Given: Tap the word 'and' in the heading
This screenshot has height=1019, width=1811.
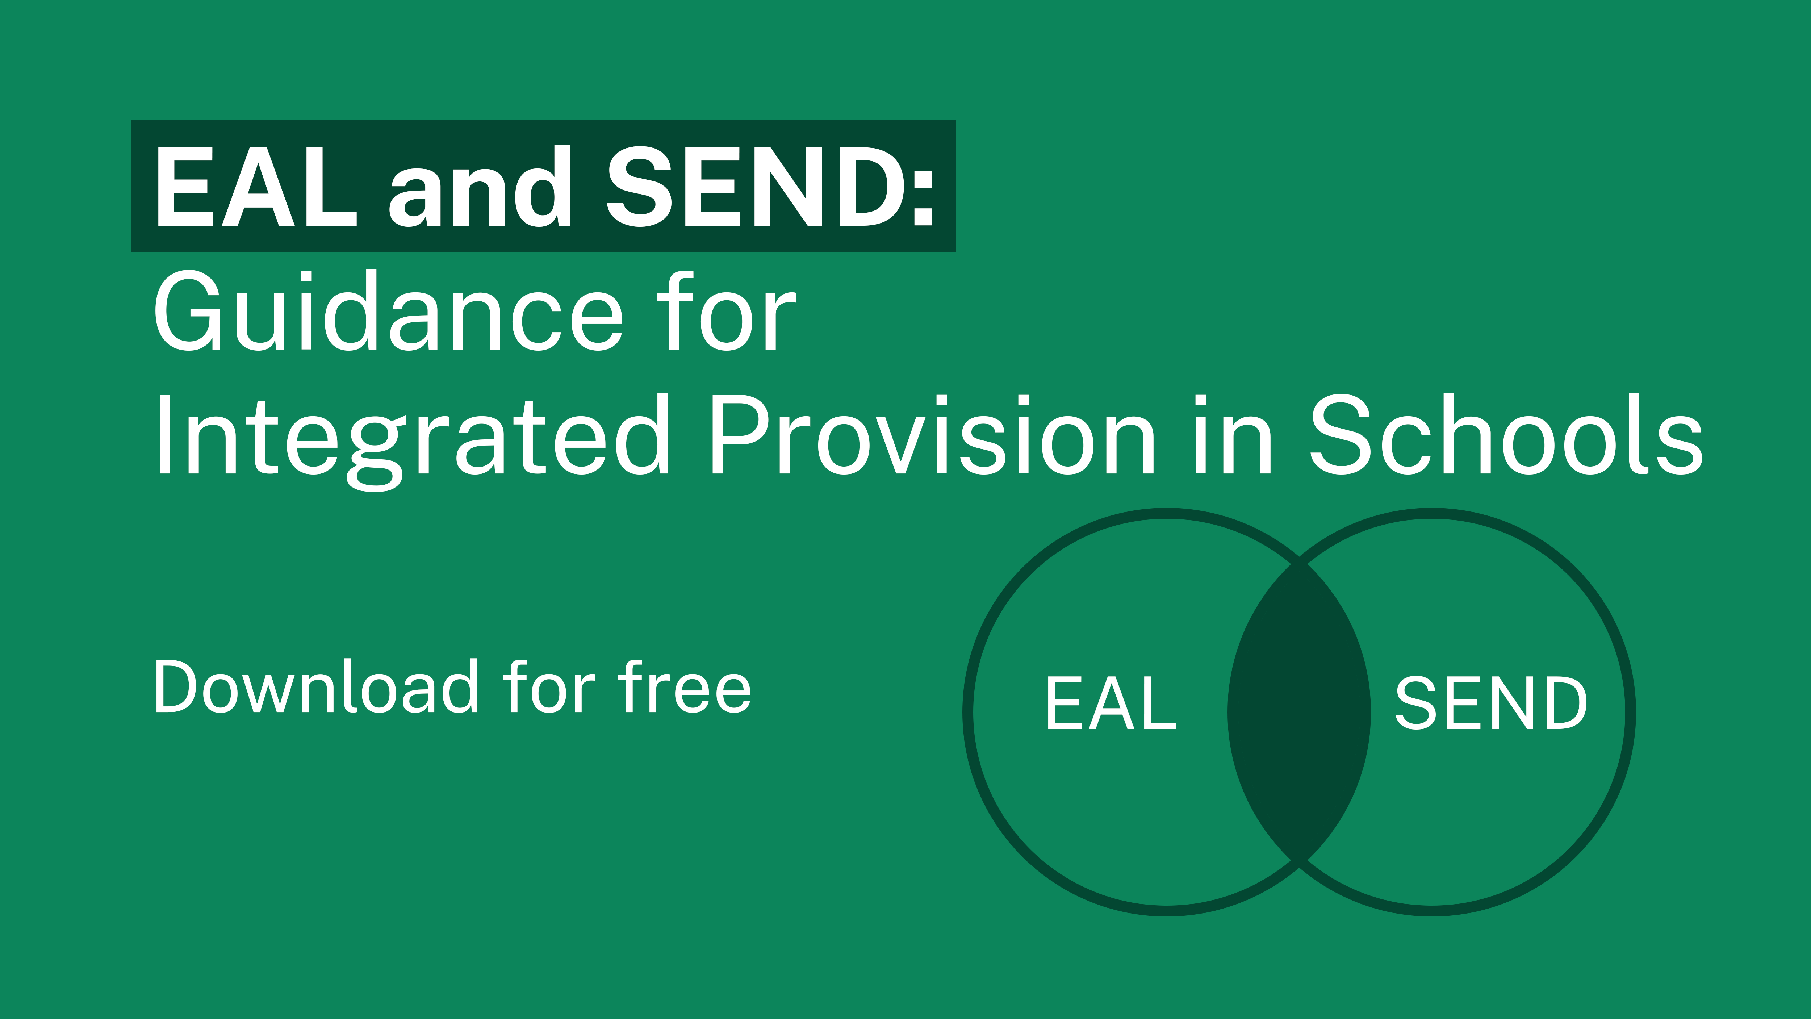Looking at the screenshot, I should (480, 187).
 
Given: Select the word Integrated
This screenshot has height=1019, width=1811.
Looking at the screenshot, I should (411, 436).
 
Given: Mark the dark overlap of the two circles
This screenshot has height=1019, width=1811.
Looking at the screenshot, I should (1299, 712).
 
